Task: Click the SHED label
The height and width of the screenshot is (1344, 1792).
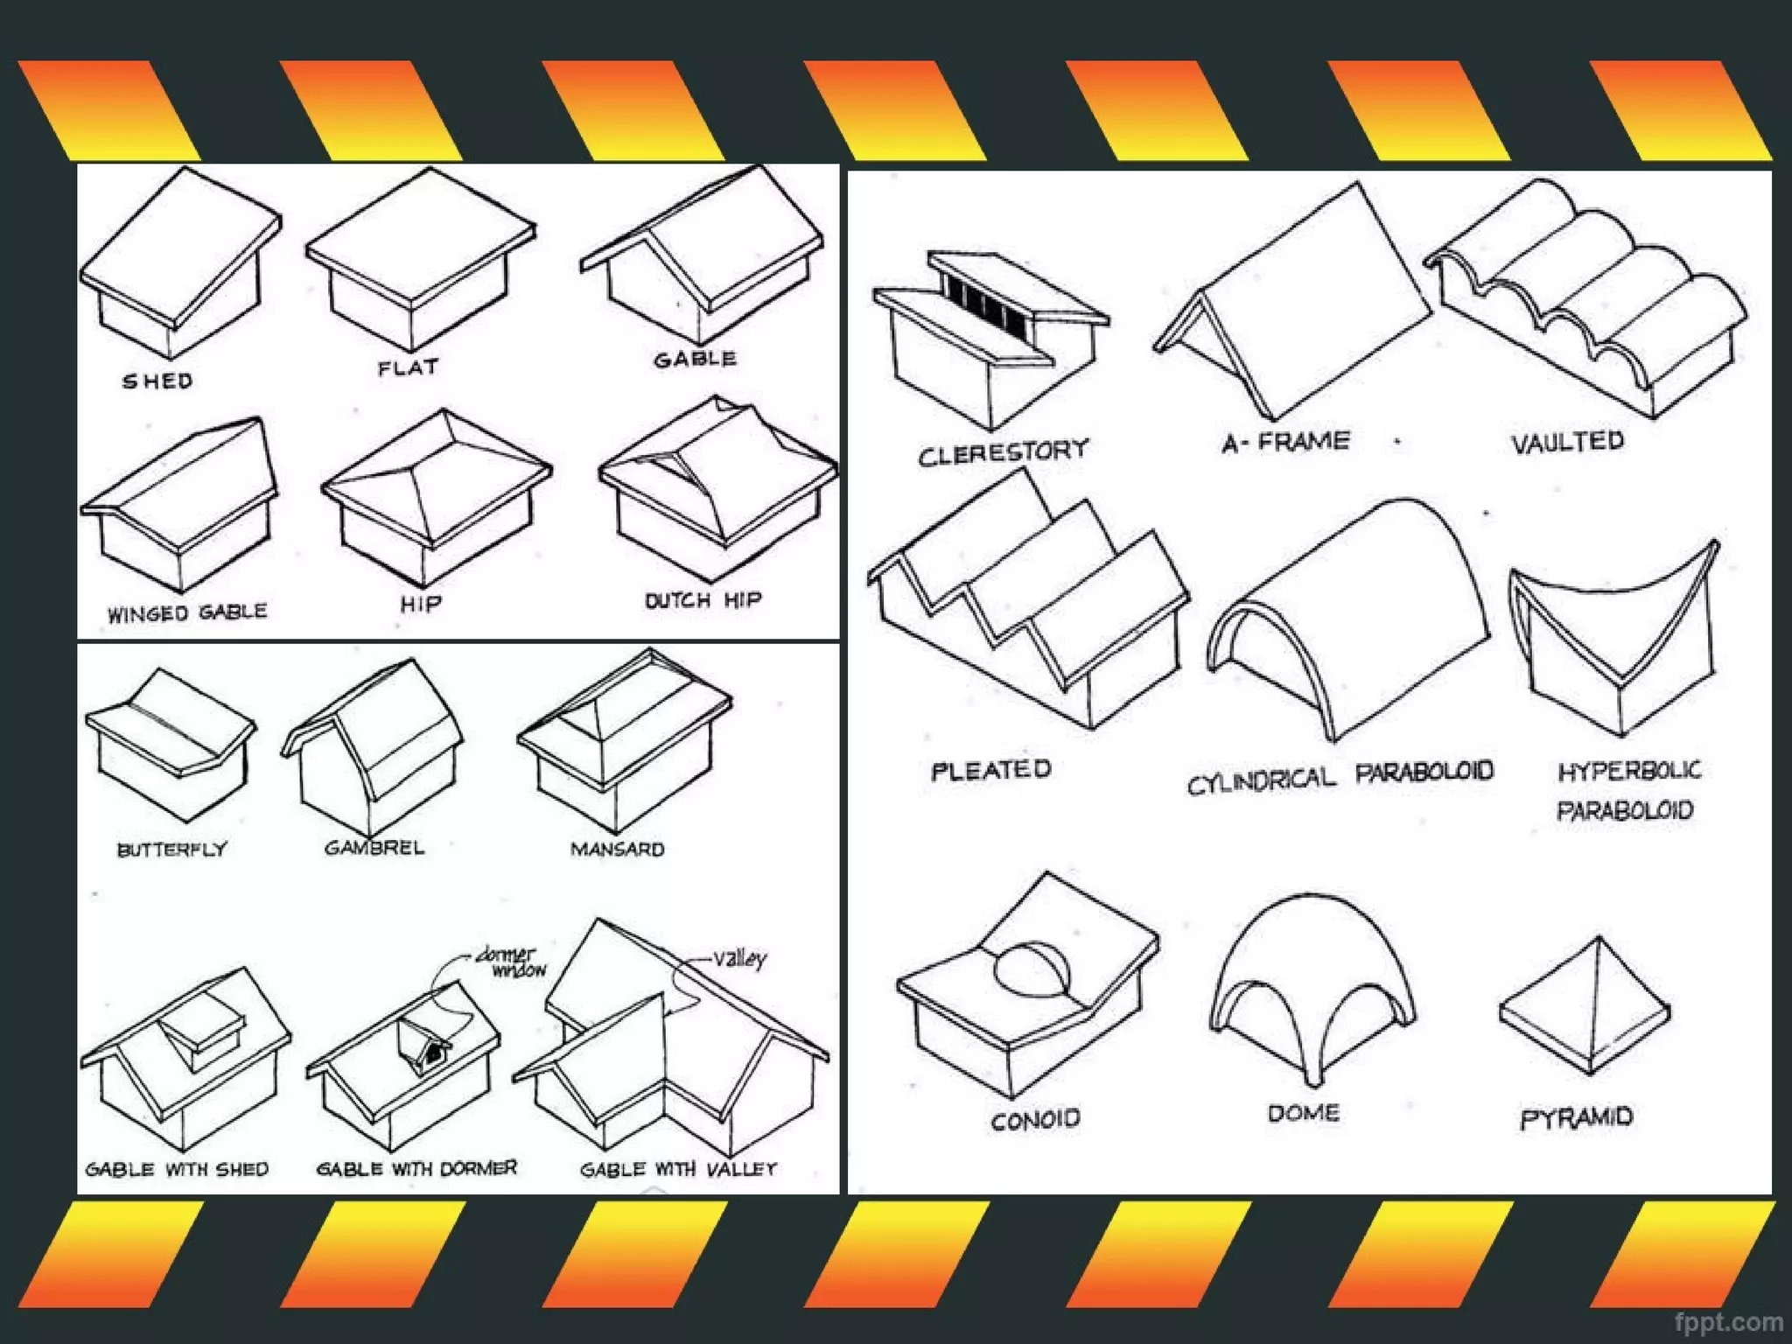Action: click(x=157, y=381)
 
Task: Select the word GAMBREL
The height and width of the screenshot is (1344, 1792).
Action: click(x=374, y=847)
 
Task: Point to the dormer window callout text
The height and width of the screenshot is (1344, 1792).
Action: click(x=512, y=961)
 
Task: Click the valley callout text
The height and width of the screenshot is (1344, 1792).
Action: click(x=739, y=958)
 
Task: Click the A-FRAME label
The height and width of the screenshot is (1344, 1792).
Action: click(x=1286, y=442)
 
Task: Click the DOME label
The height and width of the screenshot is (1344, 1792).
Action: click(x=1304, y=1113)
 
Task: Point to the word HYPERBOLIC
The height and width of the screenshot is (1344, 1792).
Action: click(x=1629, y=770)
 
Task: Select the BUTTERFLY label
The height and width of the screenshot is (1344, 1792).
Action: click(x=172, y=849)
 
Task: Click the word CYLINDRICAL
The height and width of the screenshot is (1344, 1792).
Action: click(x=1261, y=779)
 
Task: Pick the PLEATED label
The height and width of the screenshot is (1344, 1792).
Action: click(x=991, y=770)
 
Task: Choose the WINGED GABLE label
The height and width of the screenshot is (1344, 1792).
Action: click(x=187, y=612)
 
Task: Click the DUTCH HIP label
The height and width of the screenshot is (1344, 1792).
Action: click(x=703, y=600)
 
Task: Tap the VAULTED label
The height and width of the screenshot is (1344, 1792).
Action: click(x=1568, y=442)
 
